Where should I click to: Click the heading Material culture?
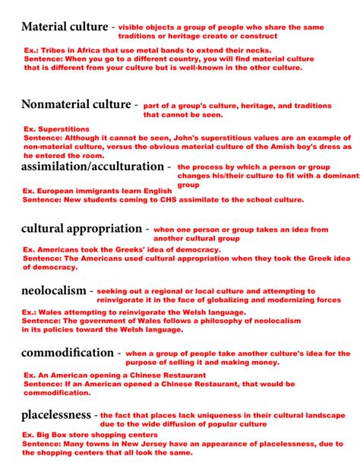(65, 27)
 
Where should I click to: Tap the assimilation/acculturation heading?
(92, 166)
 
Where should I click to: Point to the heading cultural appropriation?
(81, 228)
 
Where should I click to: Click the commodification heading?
(67, 353)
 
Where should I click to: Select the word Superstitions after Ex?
(62, 129)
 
